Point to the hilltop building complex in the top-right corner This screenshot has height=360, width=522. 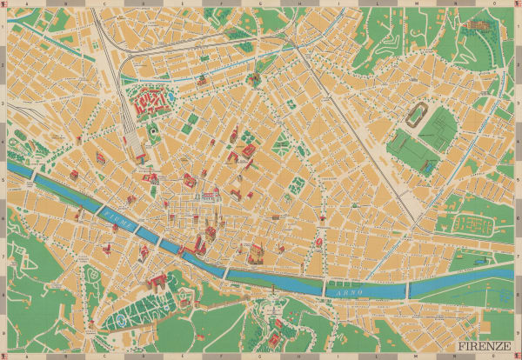click(477, 27)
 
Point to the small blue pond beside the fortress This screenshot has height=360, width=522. click(154, 131)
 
